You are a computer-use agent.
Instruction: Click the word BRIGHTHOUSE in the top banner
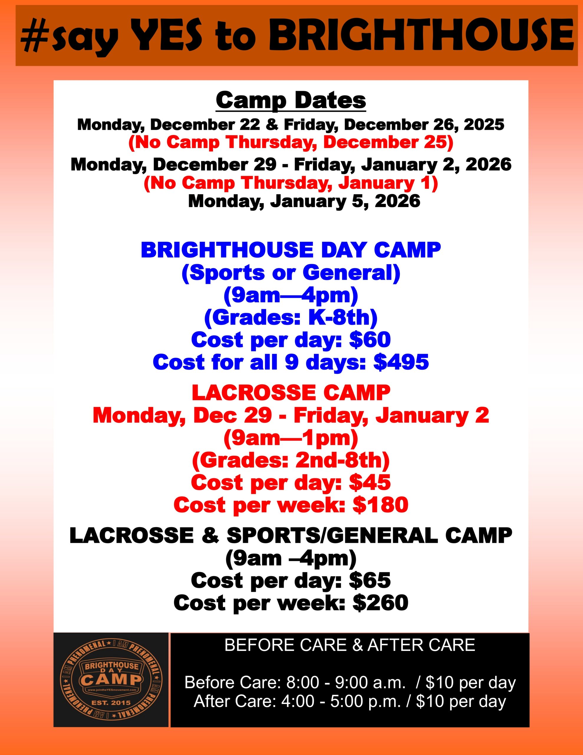tap(421, 36)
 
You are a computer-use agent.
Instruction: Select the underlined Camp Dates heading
tap(291, 101)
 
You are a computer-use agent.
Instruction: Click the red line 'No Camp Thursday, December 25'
tap(291, 143)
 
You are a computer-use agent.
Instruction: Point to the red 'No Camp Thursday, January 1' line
tap(291, 183)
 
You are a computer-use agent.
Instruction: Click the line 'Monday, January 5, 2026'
tap(304, 201)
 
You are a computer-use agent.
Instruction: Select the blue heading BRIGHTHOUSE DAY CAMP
tap(291, 250)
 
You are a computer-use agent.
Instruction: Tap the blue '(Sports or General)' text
tap(291, 273)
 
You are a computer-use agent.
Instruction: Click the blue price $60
tap(370, 339)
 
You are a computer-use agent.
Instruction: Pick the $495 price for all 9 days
tap(401, 362)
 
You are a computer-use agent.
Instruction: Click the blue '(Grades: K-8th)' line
tap(291, 317)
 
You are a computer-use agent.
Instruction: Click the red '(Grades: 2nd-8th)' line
tap(291, 460)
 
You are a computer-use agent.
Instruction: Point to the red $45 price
tap(370, 482)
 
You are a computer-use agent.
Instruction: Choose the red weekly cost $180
tap(381, 505)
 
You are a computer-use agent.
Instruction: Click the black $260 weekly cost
tap(381, 603)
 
